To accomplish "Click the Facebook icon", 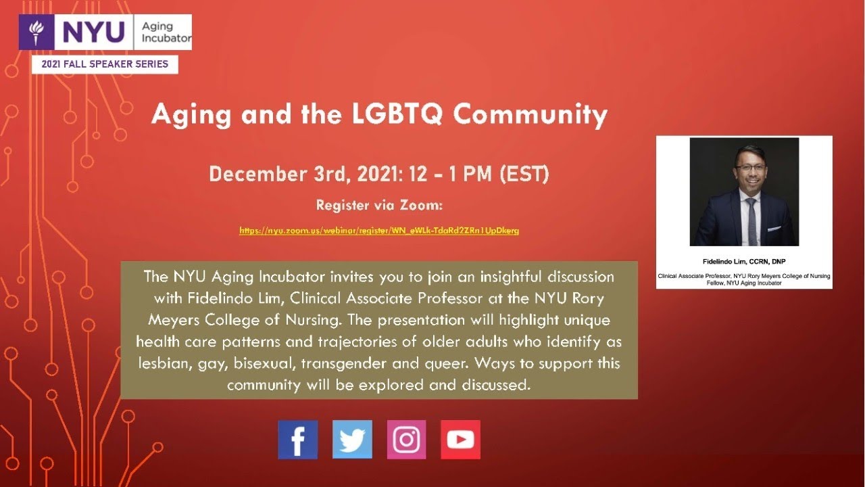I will pyautogui.click(x=298, y=440).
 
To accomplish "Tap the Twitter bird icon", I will pyautogui.click(x=352, y=440).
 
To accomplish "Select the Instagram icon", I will pyautogui.click(x=406, y=440).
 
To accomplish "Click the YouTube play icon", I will pyautogui.click(x=460, y=440).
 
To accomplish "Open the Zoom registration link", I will pyautogui.click(x=379, y=231).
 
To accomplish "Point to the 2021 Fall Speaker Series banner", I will pyautogui.click(x=105, y=64).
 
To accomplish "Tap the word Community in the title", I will pyautogui.click(x=530, y=114).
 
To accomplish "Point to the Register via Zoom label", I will pyautogui.click(x=379, y=205).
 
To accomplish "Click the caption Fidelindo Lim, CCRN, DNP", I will pyautogui.click(x=743, y=261).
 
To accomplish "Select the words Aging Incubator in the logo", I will pyautogui.click(x=166, y=32).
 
